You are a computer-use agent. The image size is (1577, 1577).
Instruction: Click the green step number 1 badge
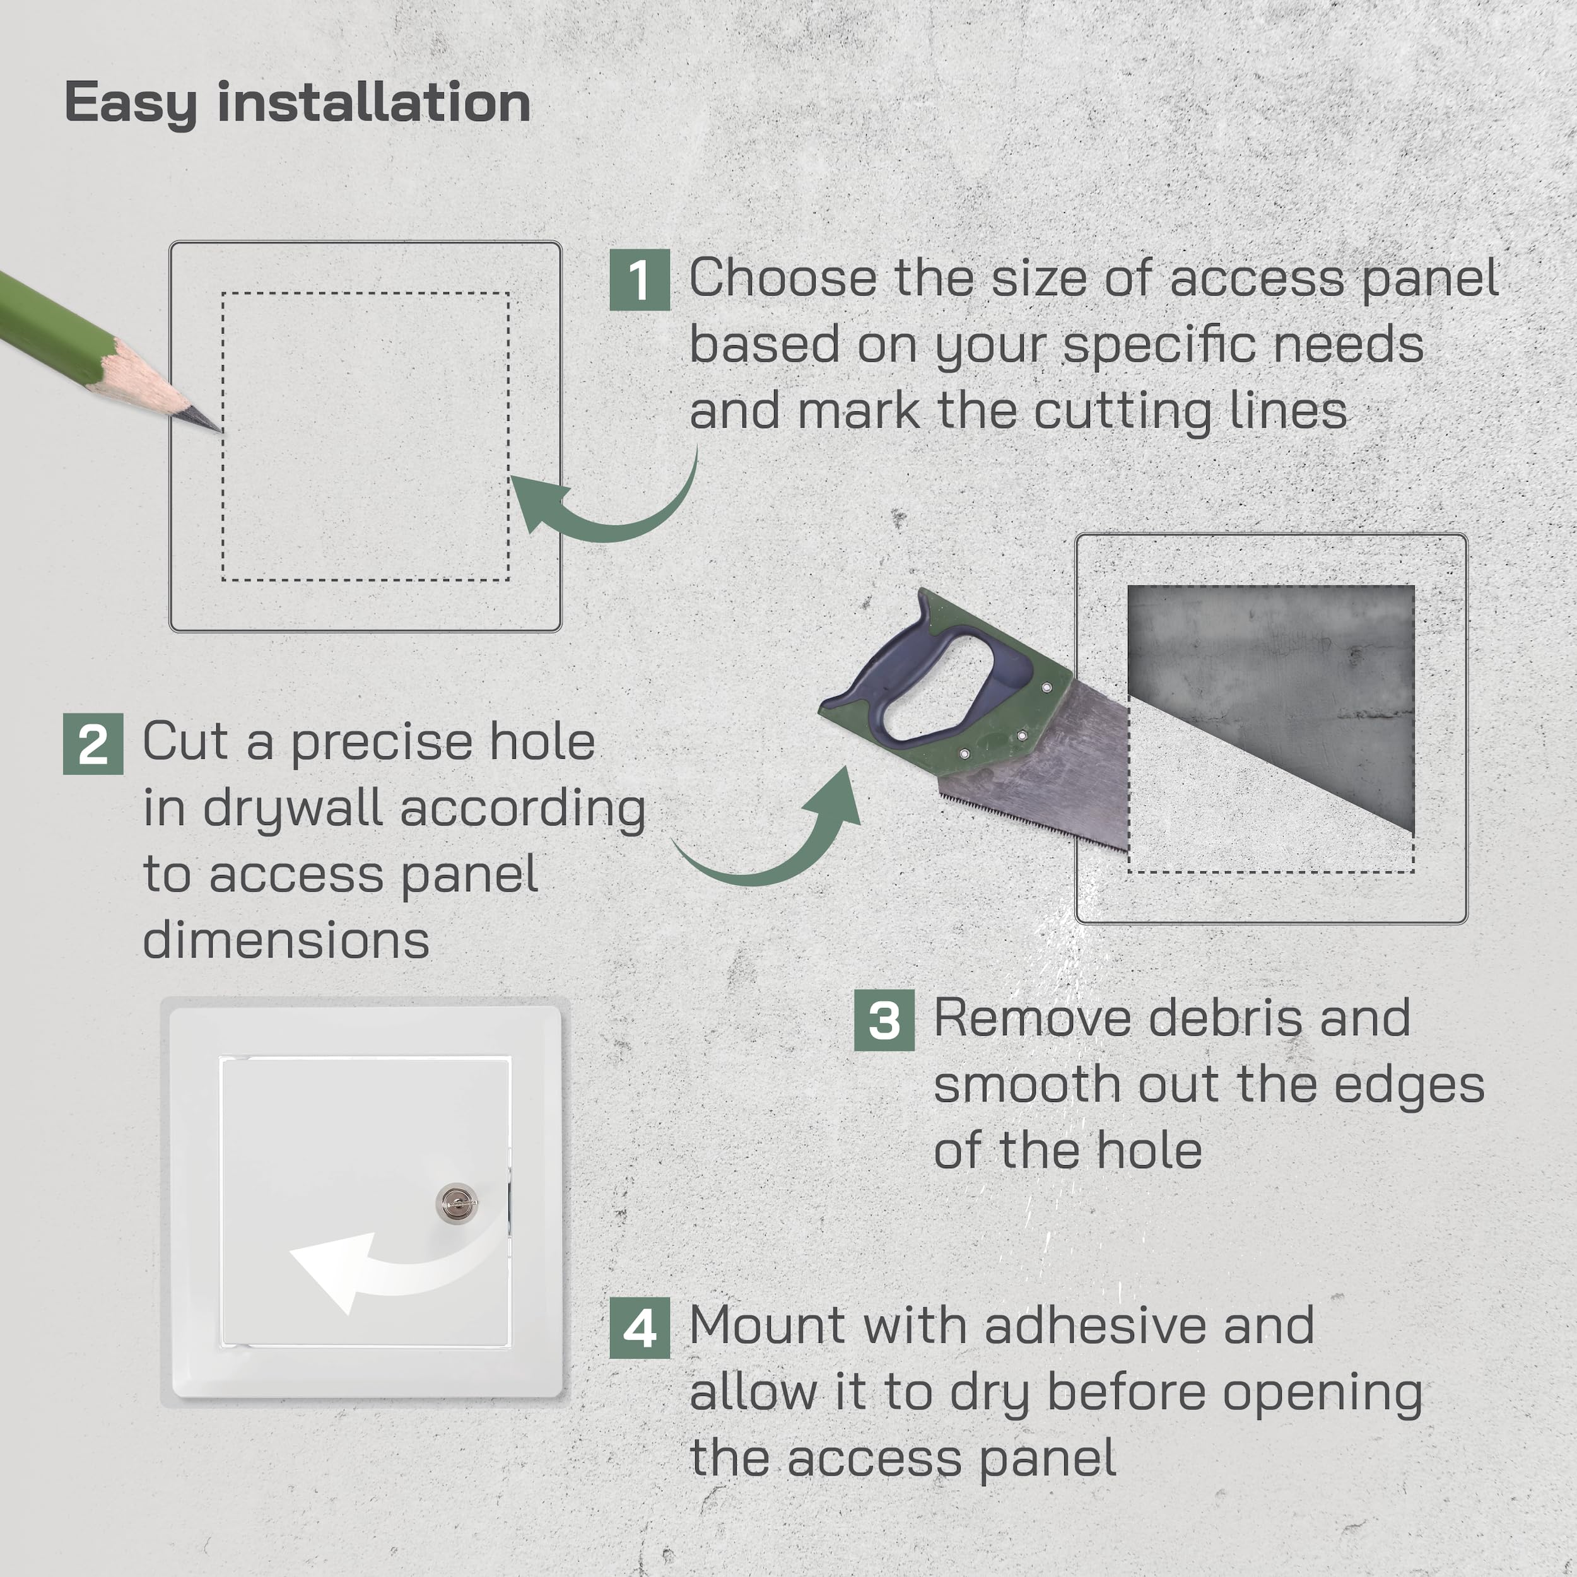(639, 280)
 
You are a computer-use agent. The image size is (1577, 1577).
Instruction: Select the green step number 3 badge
(884, 1020)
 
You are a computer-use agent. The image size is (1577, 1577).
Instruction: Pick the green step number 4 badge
(639, 1328)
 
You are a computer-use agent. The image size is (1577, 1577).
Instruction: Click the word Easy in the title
(131, 105)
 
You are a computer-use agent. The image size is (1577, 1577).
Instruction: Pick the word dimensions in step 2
(286, 941)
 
